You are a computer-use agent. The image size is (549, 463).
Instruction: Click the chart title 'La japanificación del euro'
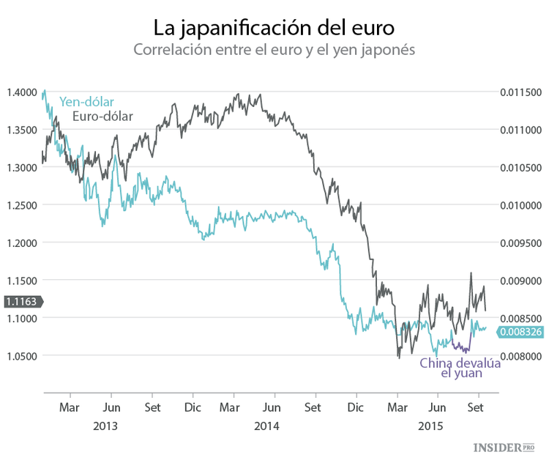tap(274, 28)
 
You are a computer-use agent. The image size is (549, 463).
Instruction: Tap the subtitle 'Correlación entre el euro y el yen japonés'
tap(274, 51)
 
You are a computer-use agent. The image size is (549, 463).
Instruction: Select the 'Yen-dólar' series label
tap(86, 102)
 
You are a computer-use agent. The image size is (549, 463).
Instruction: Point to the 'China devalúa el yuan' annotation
tap(460, 368)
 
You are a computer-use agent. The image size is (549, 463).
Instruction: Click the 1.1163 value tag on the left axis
tap(22, 301)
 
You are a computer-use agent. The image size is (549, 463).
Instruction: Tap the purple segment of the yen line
tap(461, 347)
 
